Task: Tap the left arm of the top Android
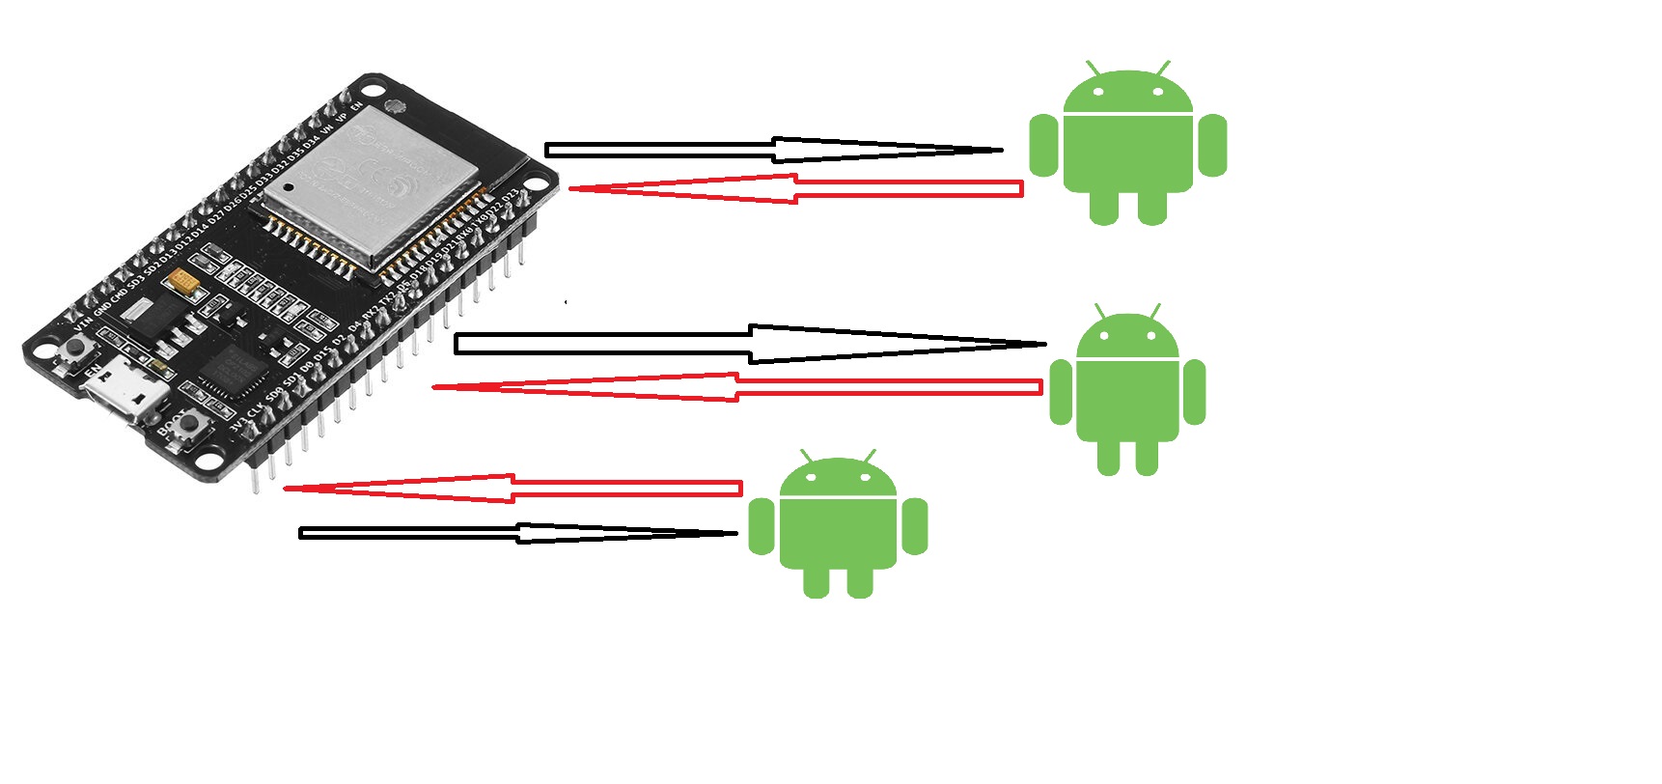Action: [x=1043, y=146]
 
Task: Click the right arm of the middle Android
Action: [x=1194, y=392]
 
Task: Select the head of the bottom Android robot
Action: [x=838, y=477]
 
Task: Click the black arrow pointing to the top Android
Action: [x=772, y=150]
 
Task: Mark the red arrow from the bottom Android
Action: [x=512, y=489]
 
